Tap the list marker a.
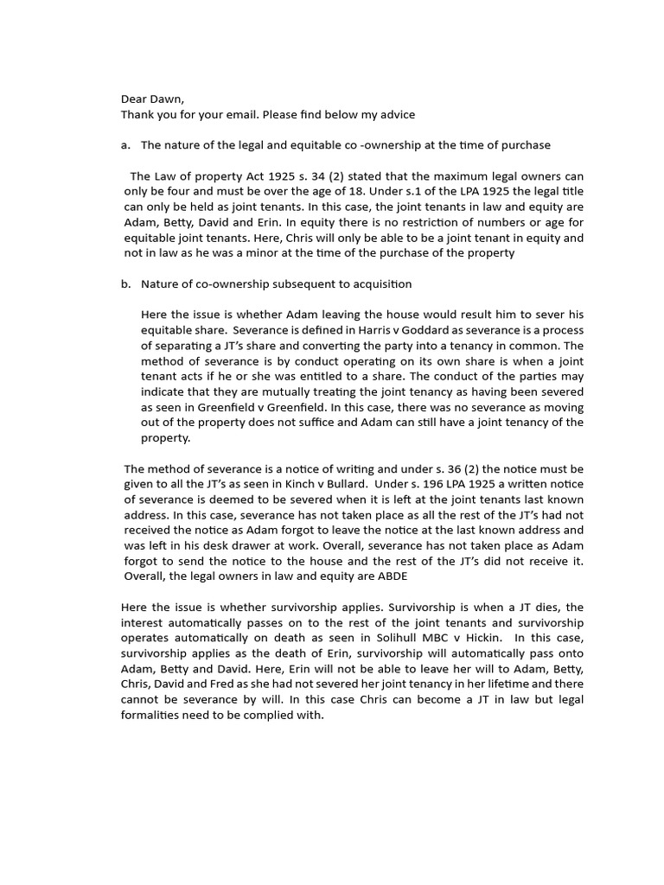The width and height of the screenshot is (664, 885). pyautogui.click(x=125, y=145)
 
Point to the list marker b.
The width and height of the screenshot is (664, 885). pyautogui.click(x=125, y=283)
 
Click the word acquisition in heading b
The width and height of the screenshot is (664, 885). pyautogui.click(x=375, y=283)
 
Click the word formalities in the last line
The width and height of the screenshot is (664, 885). pyautogui.click(x=150, y=716)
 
